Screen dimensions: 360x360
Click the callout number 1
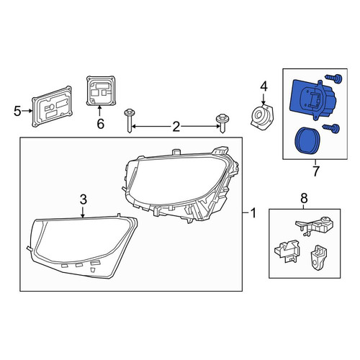(x=253, y=213)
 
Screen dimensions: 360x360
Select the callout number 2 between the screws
(x=176, y=127)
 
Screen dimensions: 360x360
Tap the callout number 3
(x=83, y=199)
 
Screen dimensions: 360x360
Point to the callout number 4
(x=264, y=87)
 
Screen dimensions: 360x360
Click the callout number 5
(x=17, y=111)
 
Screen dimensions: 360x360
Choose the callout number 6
(x=100, y=124)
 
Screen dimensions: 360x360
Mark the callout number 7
(x=316, y=171)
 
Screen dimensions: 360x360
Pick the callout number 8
(x=304, y=198)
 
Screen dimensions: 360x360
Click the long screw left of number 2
(x=130, y=121)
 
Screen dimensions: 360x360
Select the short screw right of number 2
(x=221, y=123)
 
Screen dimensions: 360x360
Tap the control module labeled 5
(x=52, y=107)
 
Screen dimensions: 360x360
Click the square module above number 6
(x=101, y=91)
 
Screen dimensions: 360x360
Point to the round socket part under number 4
(x=262, y=117)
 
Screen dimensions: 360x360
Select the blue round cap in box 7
(x=305, y=140)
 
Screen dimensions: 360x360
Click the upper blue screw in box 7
(x=334, y=78)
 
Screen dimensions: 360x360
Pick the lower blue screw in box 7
(x=332, y=128)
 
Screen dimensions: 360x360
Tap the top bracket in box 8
(x=315, y=225)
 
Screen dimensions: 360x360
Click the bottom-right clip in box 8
(x=318, y=257)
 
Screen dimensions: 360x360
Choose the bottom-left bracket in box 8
(x=287, y=251)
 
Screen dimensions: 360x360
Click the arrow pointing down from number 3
(x=83, y=212)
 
